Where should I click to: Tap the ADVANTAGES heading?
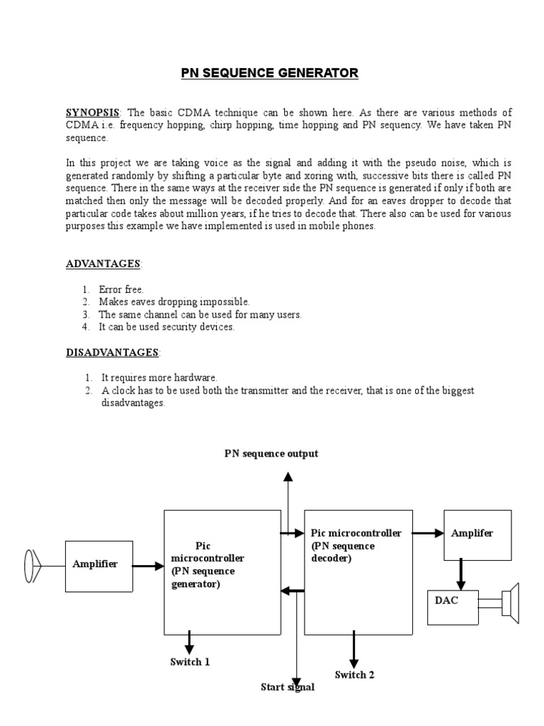[x=103, y=264]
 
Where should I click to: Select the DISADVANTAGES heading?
[x=112, y=352]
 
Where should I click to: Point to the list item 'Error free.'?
[x=121, y=289]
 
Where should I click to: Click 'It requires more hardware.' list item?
[x=159, y=378]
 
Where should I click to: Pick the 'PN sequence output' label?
[x=271, y=454]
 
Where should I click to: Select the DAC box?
[x=452, y=601]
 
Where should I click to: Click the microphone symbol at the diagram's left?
[x=30, y=565]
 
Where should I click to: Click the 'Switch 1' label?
[x=190, y=662]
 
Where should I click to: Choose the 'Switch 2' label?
[x=355, y=675]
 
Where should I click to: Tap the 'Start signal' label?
[x=287, y=687]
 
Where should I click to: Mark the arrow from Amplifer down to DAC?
[x=460, y=573]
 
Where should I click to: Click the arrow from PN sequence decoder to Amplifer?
[x=428, y=533]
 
